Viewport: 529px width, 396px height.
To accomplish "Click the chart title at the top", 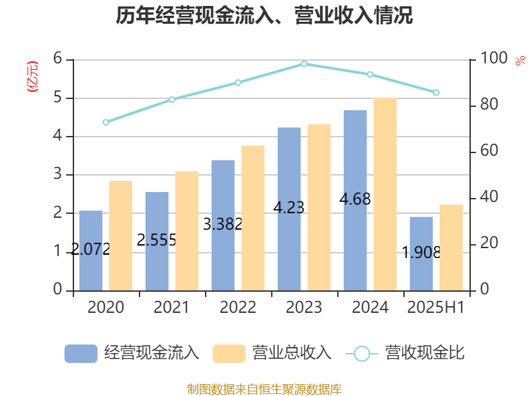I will [264, 16].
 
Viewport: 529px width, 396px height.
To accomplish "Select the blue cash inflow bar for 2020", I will [91, 251].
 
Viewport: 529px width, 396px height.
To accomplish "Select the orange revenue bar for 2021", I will [187, 230].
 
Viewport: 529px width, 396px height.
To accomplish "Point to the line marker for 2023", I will [304, 64].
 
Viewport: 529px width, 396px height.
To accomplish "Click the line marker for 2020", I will [106, 122].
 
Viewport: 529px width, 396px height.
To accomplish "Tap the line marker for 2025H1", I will [436, 92].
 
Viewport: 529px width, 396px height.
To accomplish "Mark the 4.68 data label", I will [354, 199].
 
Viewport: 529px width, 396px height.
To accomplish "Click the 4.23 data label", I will [289, 208].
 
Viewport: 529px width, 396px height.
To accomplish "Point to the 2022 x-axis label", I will [238, 307].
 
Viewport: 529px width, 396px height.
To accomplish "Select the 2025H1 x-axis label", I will [436, 307].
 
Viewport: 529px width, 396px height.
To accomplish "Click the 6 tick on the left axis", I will [58, 59].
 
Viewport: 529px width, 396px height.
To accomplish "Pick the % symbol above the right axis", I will [520, 61].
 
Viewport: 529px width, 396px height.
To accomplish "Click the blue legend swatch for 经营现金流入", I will [81, 353].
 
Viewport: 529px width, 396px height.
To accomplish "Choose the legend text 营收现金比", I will [425, 353].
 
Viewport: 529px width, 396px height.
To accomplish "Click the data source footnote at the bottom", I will [264, 389].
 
